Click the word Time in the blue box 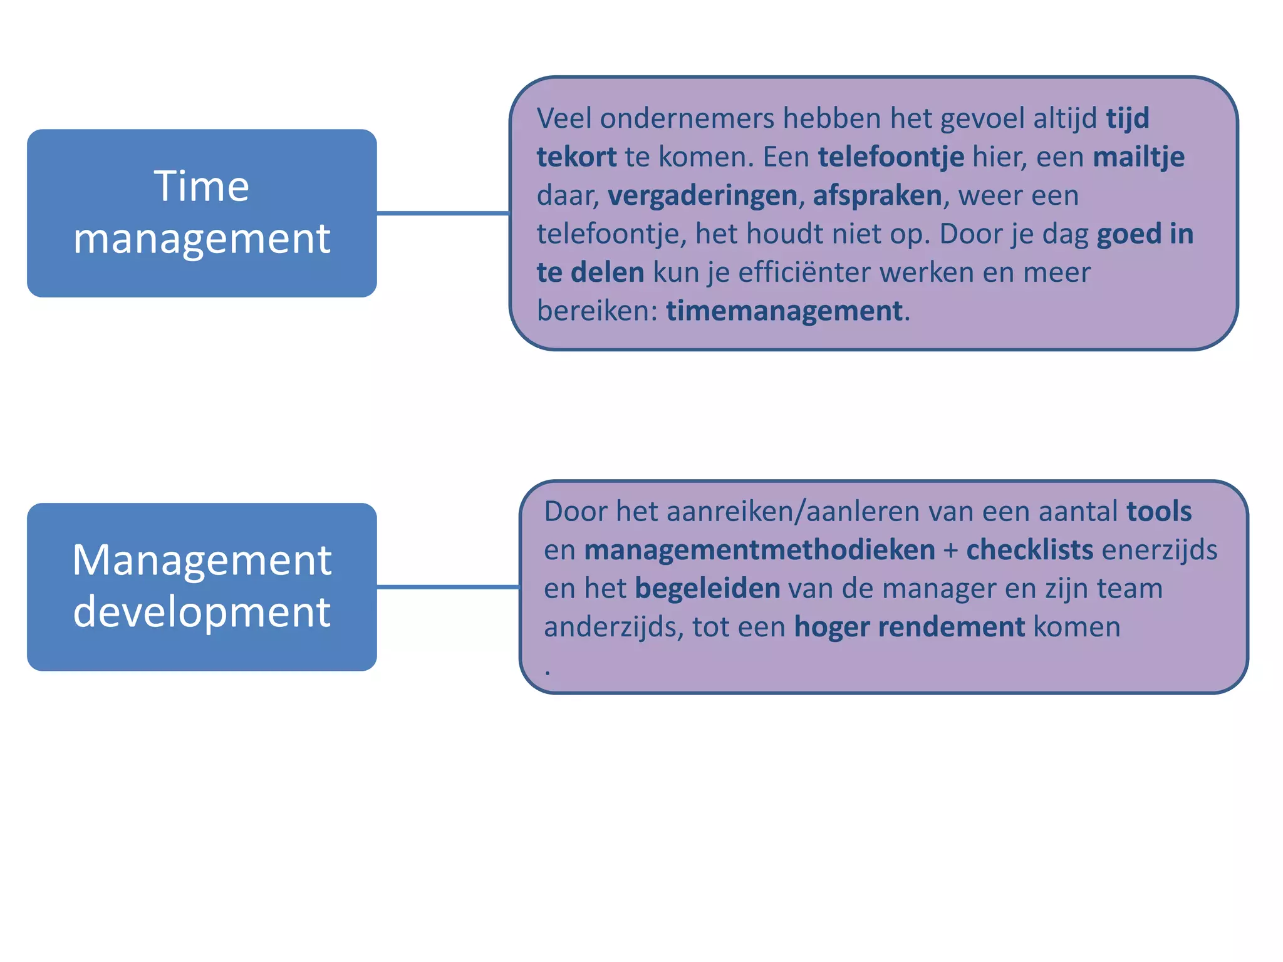coord(202,187)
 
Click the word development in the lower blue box coord(202,612)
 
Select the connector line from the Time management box coord(443,214)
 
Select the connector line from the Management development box coord(448,587)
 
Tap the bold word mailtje coord(1138,157)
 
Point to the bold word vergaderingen coord(702,196)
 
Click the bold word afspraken coord(877,196)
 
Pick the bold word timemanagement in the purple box coord(784,311)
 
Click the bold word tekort coord(576,157)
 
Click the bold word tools coord(1158,512)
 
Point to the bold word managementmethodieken coord(759,551)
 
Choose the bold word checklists coord(1029,551)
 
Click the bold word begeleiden coord(707,589)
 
